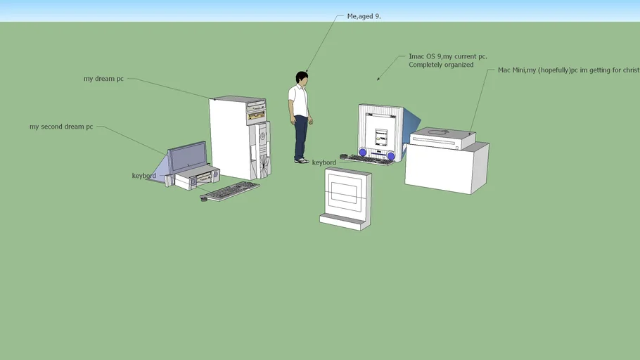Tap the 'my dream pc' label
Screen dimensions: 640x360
point(103,79)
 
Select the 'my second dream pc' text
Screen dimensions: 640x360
point(61,127)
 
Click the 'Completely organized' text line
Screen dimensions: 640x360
point(441,65)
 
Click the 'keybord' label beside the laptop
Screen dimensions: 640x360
point(143,176)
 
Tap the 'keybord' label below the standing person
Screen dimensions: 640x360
point(324,162)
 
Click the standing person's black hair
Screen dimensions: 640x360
point(302,76)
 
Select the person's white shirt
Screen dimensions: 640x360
point(299,100)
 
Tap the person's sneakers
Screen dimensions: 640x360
point(302,160)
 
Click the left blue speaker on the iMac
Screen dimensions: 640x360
point(363,152)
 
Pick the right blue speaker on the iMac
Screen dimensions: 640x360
point(391,155)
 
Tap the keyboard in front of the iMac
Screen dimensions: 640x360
point(370,160)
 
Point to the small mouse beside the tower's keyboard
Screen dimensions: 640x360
point(204,199)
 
